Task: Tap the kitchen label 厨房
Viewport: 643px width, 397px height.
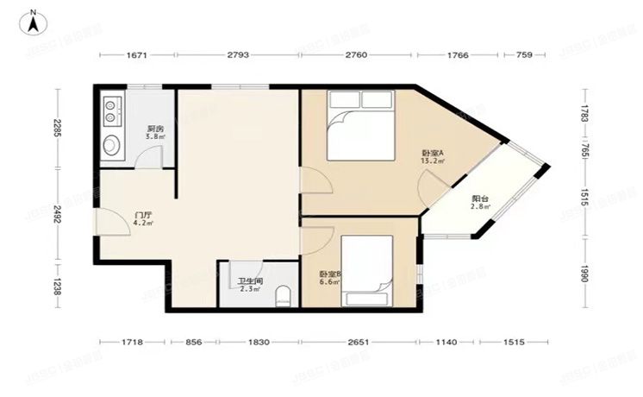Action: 154,129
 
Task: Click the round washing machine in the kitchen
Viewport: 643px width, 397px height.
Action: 111,144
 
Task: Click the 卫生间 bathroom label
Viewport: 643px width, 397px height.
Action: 251,281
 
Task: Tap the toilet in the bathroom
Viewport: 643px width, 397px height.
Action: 282,299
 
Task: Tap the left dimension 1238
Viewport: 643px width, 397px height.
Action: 56,286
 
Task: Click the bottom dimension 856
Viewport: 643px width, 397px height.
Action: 195,343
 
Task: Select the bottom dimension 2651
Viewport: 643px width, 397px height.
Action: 359,343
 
